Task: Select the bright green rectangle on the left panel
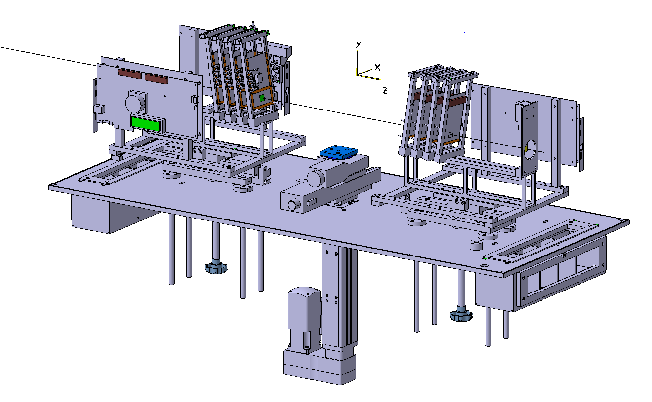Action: click(145, 124)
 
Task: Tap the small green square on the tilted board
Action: click(262, 98)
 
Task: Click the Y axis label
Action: click(359, 44)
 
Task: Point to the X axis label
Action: click(377, 67)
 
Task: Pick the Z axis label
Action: click(385, 90)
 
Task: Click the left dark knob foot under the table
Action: click(217, 268)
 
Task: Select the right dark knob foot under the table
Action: click(462, 315)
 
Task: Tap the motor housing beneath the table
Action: click(304, 320)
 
